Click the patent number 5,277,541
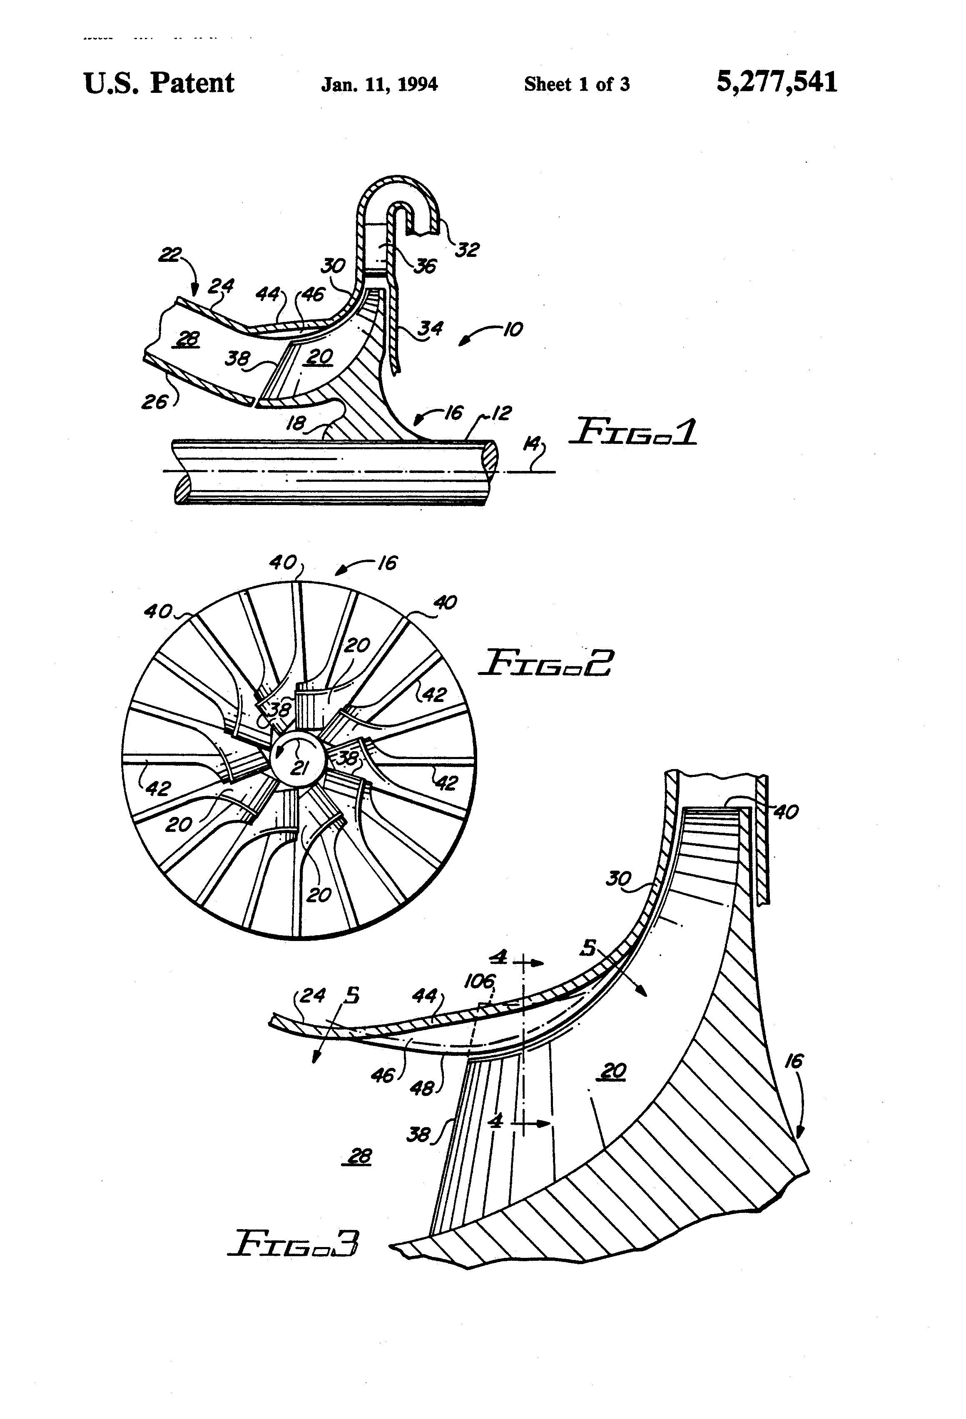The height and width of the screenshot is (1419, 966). [776, 82]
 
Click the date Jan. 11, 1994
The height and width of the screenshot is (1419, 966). [379, 84]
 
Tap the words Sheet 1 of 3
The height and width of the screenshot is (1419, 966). [576, 84]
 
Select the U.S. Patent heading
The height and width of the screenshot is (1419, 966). [159, 83]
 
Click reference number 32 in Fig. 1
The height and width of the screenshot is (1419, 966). [467, 249]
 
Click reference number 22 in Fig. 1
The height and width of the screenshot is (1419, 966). [169, 255]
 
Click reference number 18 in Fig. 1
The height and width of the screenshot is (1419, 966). [296, 423]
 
